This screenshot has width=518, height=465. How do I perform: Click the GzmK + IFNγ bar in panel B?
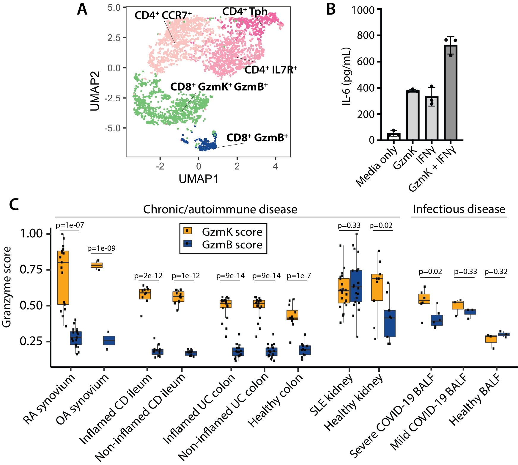coord(451,93)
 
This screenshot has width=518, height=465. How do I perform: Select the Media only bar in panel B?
coord(394,137)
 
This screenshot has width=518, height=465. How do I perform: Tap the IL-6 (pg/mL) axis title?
coord(346,76)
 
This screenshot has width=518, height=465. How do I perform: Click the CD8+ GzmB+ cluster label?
coord(257,138)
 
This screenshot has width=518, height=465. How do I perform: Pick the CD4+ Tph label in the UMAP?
coord(245,12)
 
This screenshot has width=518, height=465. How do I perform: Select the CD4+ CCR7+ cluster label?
coord(163,15)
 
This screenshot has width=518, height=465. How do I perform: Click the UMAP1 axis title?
coord(199,179)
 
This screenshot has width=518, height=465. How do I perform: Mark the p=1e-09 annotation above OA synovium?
coord(101,248)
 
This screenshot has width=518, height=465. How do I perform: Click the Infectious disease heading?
coord(459,209)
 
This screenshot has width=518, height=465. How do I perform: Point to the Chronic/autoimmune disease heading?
coord(220,209)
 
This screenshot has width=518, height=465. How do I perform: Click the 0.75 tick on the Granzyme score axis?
coord(31,270)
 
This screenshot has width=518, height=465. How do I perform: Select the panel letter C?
coord(14,204)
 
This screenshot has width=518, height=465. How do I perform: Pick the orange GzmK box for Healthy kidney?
coord(377,287)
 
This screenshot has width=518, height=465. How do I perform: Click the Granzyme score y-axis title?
coord(7,287)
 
